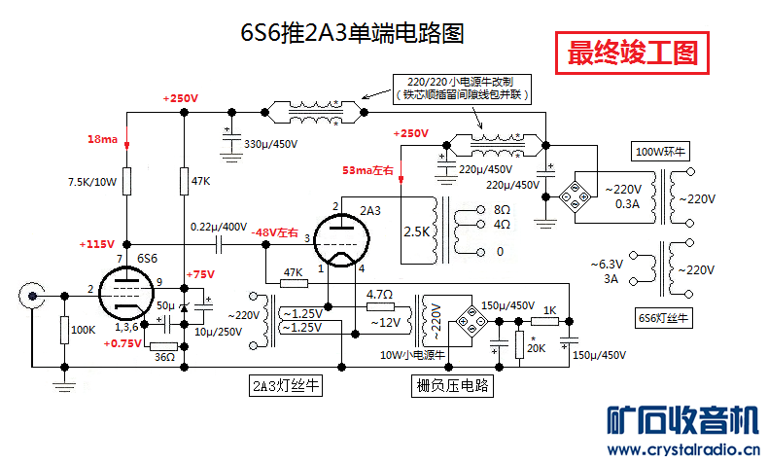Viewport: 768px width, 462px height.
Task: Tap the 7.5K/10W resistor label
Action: [x=92, y=182]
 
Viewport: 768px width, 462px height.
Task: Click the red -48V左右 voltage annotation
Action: [x=276, y=233]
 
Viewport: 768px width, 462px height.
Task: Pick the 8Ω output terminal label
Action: [x=502, y=209]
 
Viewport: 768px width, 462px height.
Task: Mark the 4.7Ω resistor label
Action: [x=379, y=294]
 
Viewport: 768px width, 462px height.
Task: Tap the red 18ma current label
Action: [x=102, y=140]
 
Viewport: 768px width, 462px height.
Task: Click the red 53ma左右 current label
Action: [x=367, y=171]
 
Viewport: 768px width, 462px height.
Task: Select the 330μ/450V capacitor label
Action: [x=269, y=144]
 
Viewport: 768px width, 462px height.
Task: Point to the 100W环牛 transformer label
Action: [x=662, y=152]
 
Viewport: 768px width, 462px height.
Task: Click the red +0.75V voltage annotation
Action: [x=125, y=343]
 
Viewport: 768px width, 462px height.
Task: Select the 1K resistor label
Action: [x=550, y=309]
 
